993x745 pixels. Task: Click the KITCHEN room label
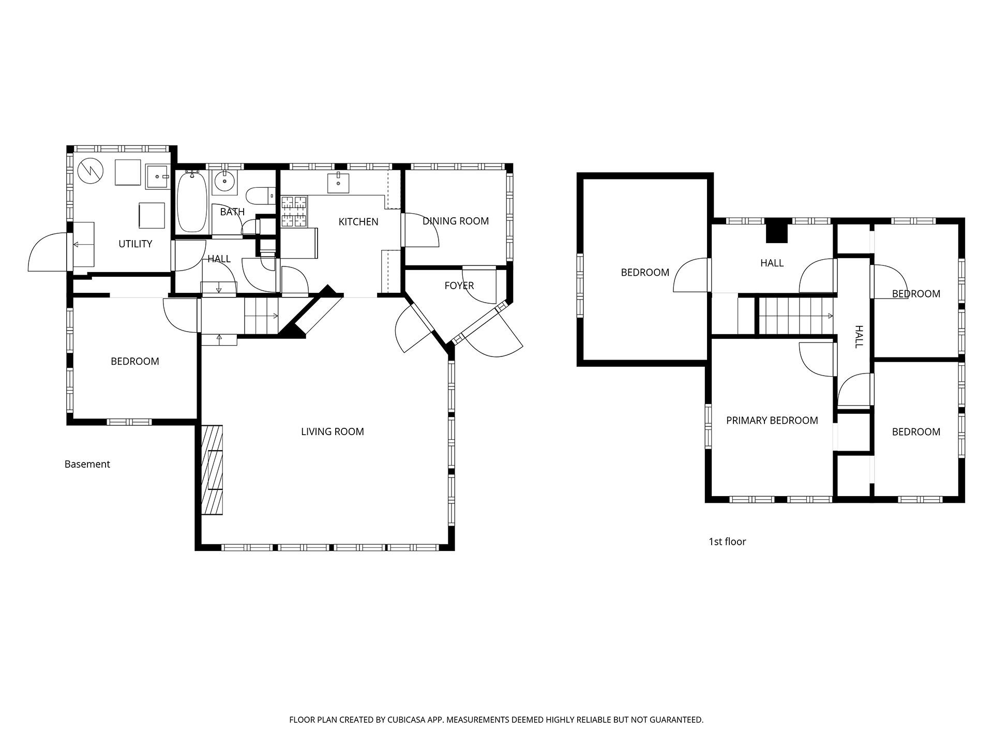pyautogui.click(x=358, y=222)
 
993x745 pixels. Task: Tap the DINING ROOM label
pyautogui.click(x=456, y=221)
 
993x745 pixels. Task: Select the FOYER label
pyautogui.click(x=459, y=286)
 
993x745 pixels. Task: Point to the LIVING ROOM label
pyautogui.click(x=333, y=431)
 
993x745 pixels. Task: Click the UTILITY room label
pyautogui.click(x=136, y=244)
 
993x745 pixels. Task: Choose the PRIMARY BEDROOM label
pyautogui.click(x=772, y=421)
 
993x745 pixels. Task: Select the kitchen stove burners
pyautogui.click(x=294, y=212)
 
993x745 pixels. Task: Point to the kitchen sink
pyautogui.click(x=338, y=183)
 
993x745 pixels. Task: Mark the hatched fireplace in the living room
pyautogui.click(x=212, y=470)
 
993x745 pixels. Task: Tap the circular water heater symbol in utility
pyautogui.click(x=91, y=170)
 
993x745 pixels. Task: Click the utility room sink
pyautogui.click(x=157, y=176)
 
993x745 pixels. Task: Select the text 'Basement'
pyautogui.click(x=87, y=464)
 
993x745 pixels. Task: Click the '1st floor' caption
pyautogui.click(x=727, y=542)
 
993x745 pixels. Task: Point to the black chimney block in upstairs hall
pyautogui.click(x=776, y=231)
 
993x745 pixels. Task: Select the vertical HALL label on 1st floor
pyautogui.click(x=859, y=337)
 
